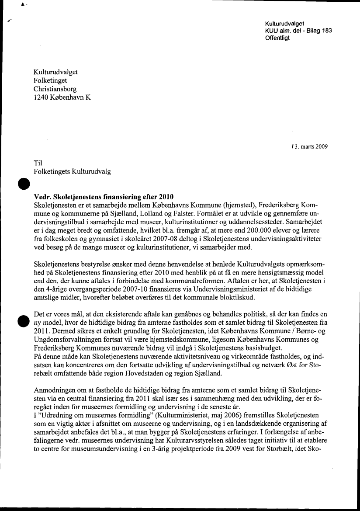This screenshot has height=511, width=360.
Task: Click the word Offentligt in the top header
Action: click(277, 38)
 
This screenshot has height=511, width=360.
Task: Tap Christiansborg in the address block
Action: click(55, 89)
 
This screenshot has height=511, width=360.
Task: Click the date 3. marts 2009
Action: click(311, 146)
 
